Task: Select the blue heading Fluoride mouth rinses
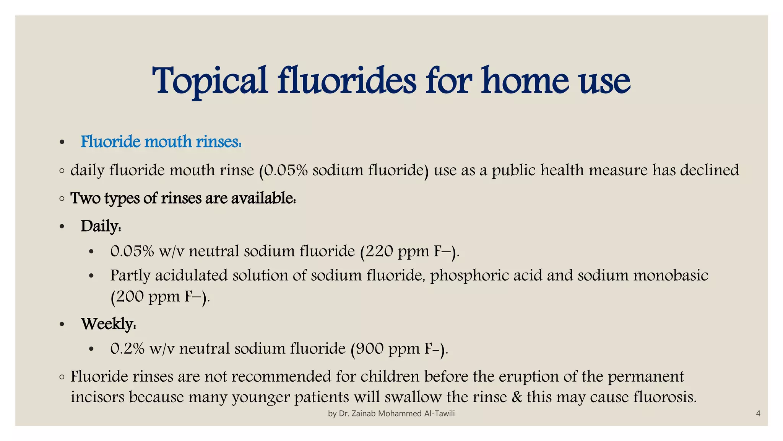[x=161, y=142]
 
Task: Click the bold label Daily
[x=101, y=226]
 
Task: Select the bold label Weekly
[x=108, y=324]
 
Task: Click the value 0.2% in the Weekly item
[x=127, y=348]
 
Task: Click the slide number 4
[x=758, y=413]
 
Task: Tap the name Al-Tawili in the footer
[x=439, y=413]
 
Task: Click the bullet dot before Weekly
[x=62, y=325]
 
